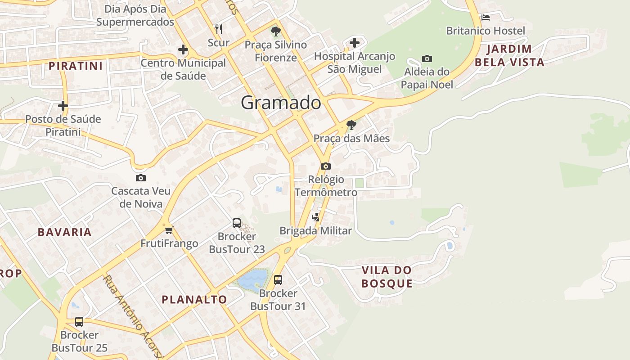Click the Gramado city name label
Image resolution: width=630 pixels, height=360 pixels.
(281, 103)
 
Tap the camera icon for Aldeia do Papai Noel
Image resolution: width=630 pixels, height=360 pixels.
(427, 58)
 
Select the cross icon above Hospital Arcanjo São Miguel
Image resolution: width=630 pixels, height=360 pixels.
(355, 43)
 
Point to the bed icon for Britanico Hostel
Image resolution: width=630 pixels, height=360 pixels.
(485, 18)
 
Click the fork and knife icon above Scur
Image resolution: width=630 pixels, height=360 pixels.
(219, 29)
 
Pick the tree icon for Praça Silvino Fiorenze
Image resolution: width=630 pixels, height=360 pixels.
(276, 31)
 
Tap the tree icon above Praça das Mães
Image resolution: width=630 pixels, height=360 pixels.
(351, 125)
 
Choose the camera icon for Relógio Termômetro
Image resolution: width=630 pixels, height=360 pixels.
(326, 166)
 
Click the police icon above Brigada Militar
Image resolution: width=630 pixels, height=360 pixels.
(316, 217)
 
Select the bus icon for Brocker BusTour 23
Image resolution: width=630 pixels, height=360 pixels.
(237, 223)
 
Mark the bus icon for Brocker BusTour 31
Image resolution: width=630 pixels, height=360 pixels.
(278, 280)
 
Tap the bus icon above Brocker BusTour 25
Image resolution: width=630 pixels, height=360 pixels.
(79, 321)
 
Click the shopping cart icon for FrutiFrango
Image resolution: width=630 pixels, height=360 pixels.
(169, 230)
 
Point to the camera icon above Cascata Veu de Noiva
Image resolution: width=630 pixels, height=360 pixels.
(141, 178)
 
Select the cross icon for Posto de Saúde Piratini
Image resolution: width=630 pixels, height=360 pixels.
(63, 106)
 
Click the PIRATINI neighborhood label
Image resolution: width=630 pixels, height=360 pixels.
(76, 66)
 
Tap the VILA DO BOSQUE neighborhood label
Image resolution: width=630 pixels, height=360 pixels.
(387, 277)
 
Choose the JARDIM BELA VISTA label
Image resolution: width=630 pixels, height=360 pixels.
(509, 55)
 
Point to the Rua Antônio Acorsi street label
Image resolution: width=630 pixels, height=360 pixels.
(131, 315)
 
